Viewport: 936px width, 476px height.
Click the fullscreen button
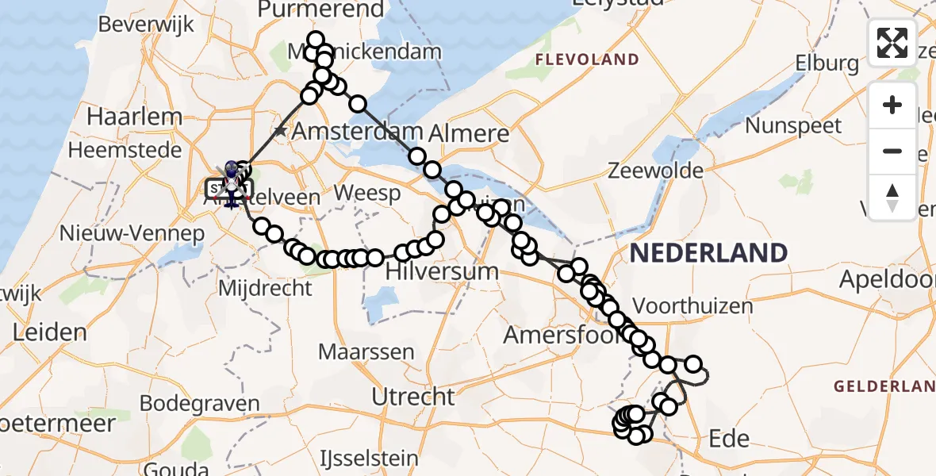click(x=892, y=43)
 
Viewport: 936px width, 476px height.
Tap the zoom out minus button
click(x=892, y=151)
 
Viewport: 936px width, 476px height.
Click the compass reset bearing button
click(x=892, y=197)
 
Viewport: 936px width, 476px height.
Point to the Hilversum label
click(x=442, y=271)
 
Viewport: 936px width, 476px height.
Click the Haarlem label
click(x=135, y=117)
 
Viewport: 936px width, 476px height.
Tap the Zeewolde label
click(x=655, y=171)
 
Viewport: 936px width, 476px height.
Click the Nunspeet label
click(x=794, y=125)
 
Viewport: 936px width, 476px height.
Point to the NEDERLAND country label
click(x=708, y=253)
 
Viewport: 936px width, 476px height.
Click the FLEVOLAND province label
click(x=587, y=59)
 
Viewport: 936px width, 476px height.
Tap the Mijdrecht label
click(x=265, y=287)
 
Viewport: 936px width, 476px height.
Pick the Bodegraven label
click(x=200, y=403)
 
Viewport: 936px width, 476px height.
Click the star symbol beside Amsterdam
click(x=280, y=131)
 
